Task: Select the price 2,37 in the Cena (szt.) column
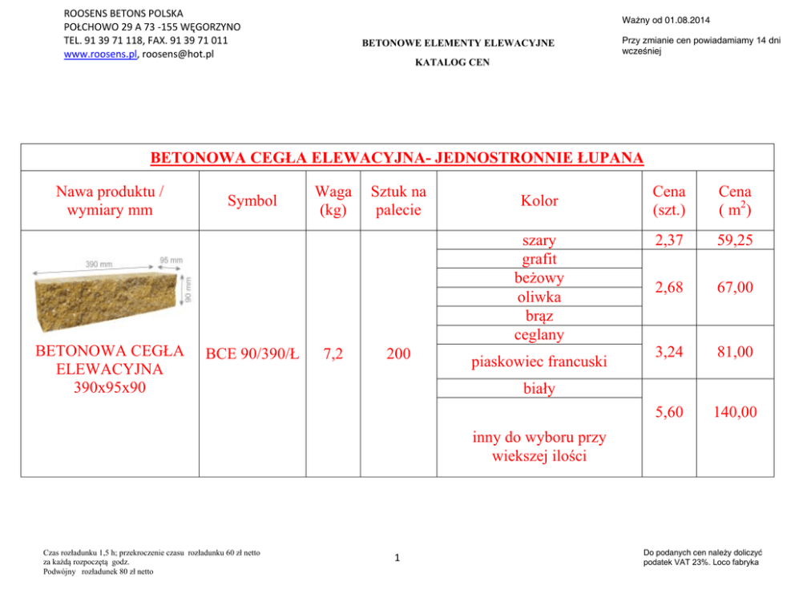(668, 240)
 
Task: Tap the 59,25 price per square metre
(735, 240)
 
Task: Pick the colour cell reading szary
(539, 240)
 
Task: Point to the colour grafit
(539, 259)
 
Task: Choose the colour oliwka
(539, 297)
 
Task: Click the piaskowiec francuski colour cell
(539, 362)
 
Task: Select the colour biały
(539, 390)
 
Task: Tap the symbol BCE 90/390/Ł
(252, 353)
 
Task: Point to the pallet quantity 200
(397, 353)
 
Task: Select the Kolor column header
(539, 200)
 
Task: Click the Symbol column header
(252, 200)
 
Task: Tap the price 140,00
(735, 412)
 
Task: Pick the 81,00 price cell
(735, 352)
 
